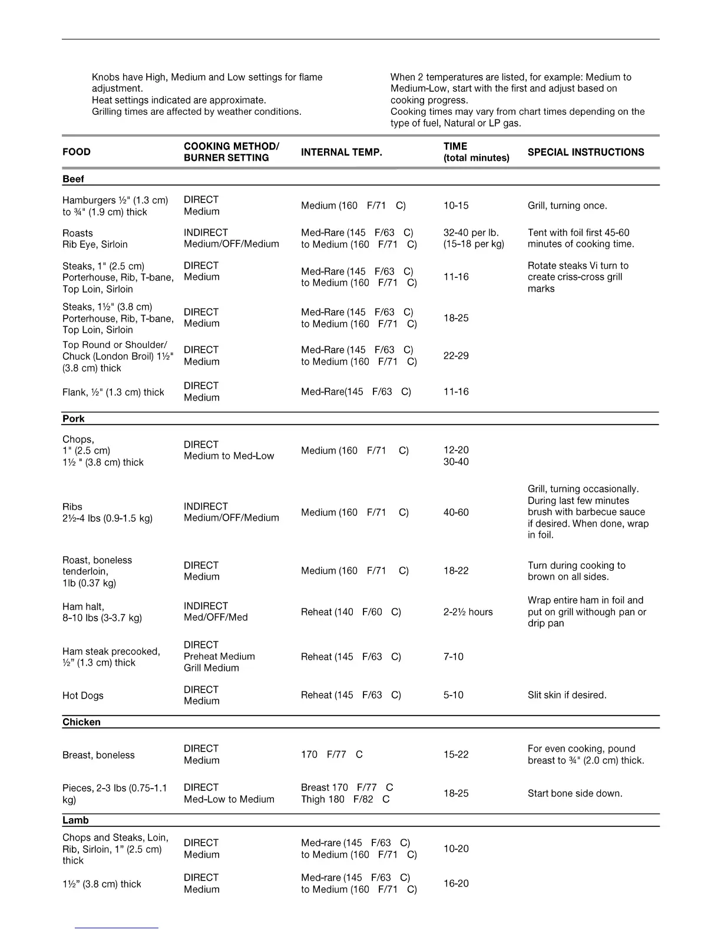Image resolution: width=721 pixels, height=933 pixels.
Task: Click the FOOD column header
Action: coord(77,152)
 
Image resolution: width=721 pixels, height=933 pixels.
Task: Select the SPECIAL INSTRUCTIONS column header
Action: coord(586,152)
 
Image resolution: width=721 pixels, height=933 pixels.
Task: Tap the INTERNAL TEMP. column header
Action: coord(341,152)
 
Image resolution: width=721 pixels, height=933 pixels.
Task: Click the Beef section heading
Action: coord(73,179)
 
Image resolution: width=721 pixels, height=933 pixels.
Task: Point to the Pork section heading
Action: coord(73,419)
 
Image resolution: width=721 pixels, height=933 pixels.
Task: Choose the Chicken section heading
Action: coord(81,722)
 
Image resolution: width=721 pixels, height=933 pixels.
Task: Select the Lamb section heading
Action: coord(75,820)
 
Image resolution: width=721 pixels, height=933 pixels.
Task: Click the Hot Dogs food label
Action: coord(82,696)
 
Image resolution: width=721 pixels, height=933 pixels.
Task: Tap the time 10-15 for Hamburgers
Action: coord(456,206)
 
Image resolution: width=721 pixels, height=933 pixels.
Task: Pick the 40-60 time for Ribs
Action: coord(456,512)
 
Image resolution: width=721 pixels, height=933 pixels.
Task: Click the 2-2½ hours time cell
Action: coord(468,612)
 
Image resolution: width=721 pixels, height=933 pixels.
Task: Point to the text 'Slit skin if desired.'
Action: coord(567,695)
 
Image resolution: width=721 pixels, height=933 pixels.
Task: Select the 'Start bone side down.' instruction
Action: coord(574,793)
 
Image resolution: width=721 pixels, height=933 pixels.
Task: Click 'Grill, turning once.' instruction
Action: coord(567,206)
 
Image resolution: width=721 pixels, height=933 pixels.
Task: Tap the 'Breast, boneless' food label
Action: coord(98,755)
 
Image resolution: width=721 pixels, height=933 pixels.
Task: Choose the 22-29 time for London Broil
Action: coord(456,356)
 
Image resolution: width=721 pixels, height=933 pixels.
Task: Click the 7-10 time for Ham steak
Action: coord(453,657)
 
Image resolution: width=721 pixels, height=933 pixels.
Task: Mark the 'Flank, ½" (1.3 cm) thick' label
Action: coord(113,392)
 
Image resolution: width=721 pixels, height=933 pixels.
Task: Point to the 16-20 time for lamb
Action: coord(456,884)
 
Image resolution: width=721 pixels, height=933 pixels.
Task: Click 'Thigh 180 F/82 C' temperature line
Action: coord(345,799)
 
